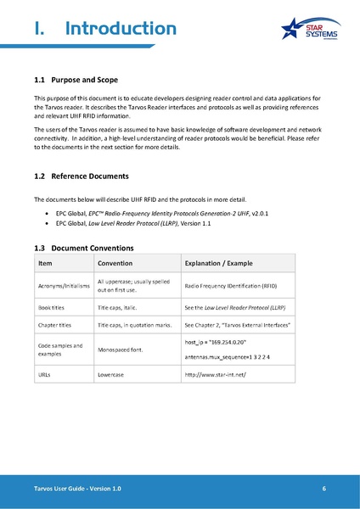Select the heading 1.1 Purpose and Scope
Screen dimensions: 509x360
click(x=80, y=80)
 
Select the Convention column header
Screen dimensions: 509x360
click(x=117, y=263)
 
